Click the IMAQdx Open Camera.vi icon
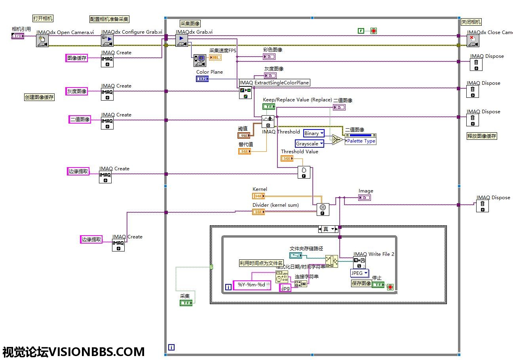[x=42, y=41]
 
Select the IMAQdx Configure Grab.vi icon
[x=107, y=41]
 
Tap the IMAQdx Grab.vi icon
[x=182, y=40]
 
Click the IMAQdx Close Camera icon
[x=473, y=41]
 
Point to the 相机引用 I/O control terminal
[x=18, y=36]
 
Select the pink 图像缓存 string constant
[x=77, y=58]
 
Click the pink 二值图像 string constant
[x=80, y=119]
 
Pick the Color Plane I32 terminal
[x=202, y=79]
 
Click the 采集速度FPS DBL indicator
[x=215, y=57]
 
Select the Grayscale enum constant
[x=310, y=143]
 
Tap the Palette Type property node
[x=361, y=141]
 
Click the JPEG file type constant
[x=359, y=273]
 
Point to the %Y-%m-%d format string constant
[x=252, y=285]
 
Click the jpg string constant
[x=285, y=288]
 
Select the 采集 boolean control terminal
[x=186, y=303]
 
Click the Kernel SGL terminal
[x=258, y=196]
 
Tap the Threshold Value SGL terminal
[x=287, y=158]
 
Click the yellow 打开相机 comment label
[x=43, y=18]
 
